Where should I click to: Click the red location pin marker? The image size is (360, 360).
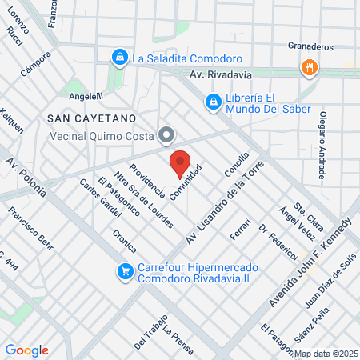coord(180,164)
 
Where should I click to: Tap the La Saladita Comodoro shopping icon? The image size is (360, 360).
coord(119,58)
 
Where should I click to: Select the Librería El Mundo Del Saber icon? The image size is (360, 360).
coord(213,102)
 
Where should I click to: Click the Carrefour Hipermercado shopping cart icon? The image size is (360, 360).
coord(125,271)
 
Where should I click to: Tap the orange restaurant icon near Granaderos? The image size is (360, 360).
coord(307,68)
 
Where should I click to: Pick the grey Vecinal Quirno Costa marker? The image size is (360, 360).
coord(166,135)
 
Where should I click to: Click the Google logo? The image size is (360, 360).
coord(26,350)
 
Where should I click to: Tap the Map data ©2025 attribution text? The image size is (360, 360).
coord(326,354)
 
